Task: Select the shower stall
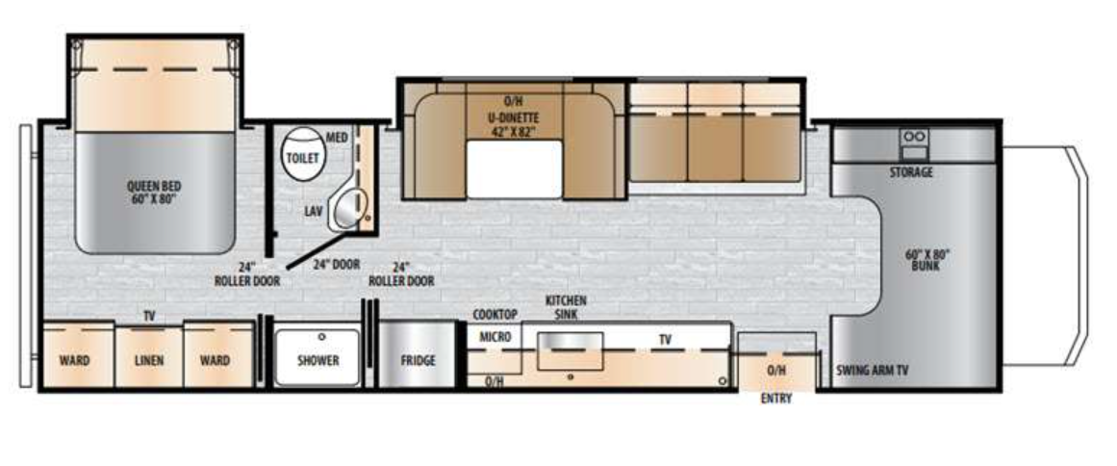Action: coord(317,359)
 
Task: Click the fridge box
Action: coord(418,360)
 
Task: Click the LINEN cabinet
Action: coord(149,360)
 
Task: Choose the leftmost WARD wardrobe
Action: coord(74,360)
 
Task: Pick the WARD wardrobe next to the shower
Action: coord(215,360)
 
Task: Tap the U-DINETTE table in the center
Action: coord(515,168)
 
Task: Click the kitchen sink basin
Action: coord(570,349)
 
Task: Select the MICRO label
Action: coord(495,337)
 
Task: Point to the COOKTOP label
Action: coord(495,315)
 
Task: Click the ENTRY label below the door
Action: coord(775,399)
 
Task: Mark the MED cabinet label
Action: coord(336,138)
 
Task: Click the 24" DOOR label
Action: coord(334,264)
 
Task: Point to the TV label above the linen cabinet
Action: coord(149,316)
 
